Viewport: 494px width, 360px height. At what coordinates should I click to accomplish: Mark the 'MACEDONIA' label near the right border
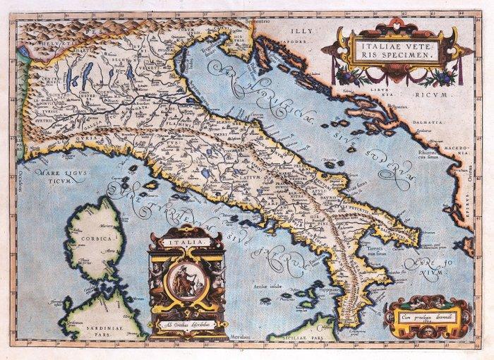click(x=457, y=150)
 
